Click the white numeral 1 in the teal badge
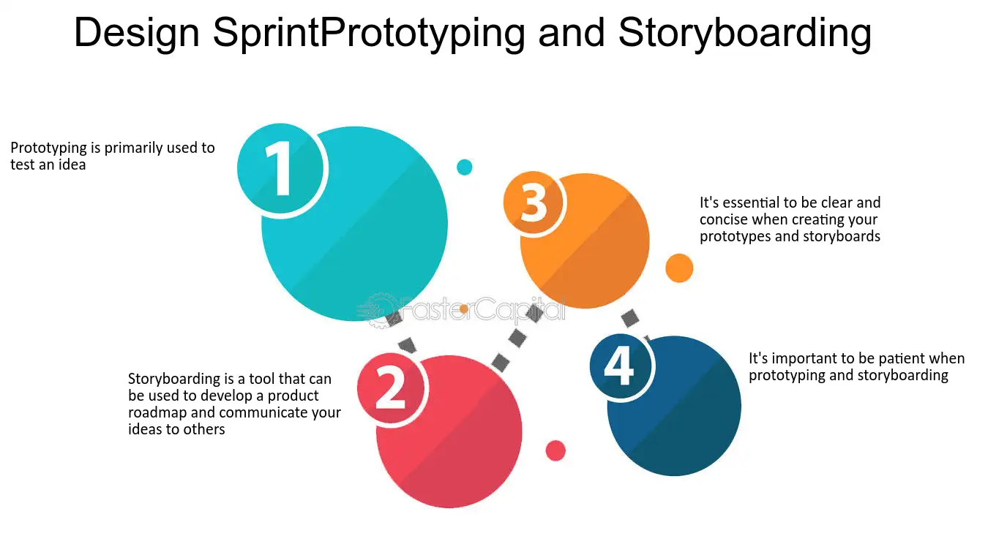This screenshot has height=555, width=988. click(x=280, y=168)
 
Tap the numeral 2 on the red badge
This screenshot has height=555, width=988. click(x=390, y=388)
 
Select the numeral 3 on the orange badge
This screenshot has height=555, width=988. click(x=534, y=203)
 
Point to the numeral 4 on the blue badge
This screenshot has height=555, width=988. click(x=619, y=365)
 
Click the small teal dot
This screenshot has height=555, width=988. click(x=465, y=167)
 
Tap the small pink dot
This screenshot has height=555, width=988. click(x=555, y=450)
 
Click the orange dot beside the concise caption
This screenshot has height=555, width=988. click(x=679, y=268)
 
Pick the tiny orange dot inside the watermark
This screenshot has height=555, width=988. click(x=463, y=309)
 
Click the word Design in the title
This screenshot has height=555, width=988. click(x=137, y=34)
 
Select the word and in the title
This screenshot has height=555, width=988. click(x=571, y=33)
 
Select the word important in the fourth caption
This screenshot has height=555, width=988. click(x=802, y=359)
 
